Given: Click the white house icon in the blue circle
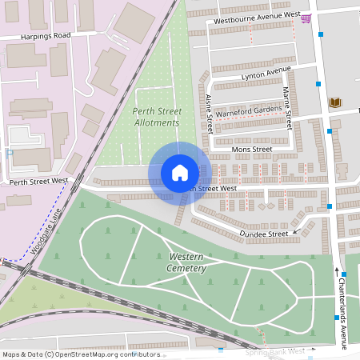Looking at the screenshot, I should [180, 173].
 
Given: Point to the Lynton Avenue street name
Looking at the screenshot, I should [266, 74].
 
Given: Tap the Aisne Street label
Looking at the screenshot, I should [210, 114].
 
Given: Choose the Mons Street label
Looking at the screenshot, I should [251, 149].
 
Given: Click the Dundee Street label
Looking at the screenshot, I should [263, 234].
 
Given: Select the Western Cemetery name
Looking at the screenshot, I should [187, 262].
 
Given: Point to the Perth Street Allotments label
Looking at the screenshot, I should [155, 117].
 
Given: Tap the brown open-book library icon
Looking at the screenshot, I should [334, 102].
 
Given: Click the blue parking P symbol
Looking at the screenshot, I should [9, 152].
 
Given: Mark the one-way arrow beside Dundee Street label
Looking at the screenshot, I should [297, 233].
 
